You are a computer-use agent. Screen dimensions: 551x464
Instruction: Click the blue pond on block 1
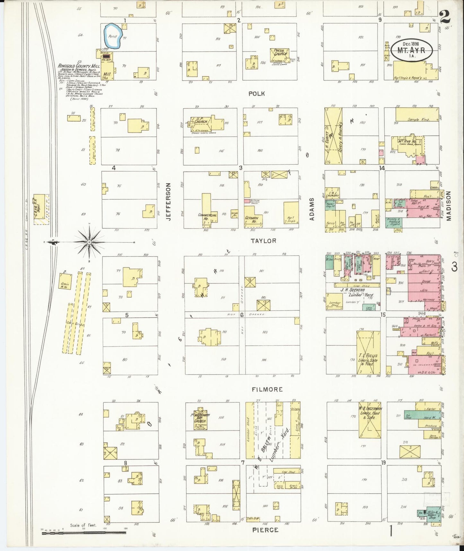[112, 36]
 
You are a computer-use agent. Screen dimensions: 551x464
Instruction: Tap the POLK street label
[256, 94]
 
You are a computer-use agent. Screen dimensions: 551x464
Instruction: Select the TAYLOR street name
[263, 240]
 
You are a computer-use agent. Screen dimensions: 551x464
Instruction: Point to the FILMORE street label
[267, 389]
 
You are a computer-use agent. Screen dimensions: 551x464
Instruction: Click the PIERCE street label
[265, 530]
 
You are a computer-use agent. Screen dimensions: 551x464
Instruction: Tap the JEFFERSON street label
[168, 202]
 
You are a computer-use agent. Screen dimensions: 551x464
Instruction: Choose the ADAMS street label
[311, 209]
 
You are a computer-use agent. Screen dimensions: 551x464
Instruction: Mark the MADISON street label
[448, 206]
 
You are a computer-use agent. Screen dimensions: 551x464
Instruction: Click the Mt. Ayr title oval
[411, 50]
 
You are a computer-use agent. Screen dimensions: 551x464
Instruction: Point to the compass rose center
[89, 242]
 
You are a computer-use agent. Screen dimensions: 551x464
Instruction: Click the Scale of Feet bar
[83, 533]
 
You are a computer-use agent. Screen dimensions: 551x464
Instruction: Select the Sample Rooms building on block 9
[417, 114]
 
